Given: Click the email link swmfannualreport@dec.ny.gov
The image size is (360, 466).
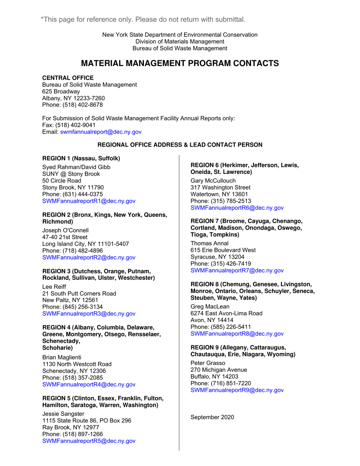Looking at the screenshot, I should tap(101, 132).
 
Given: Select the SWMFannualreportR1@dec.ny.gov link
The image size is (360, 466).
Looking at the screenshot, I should tap(89, 201).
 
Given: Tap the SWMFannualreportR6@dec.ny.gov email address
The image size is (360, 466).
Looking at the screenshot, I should tap(237, 208).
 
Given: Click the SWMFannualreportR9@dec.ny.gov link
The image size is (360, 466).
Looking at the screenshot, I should tap(237, 390).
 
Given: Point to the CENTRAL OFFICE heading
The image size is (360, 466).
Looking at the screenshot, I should tap(68, 78).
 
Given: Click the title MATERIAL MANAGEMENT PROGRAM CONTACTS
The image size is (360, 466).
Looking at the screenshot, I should tap(180, 63).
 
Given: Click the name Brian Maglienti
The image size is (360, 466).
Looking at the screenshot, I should tap(61, 357).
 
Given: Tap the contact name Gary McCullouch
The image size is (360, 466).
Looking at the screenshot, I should tap(213, 180).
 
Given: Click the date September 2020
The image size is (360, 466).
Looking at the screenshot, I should tap(212, 417).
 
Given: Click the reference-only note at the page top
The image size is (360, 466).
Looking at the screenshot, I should tap(143, 19).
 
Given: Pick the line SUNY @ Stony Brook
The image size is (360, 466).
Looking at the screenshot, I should tap(71, 174).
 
